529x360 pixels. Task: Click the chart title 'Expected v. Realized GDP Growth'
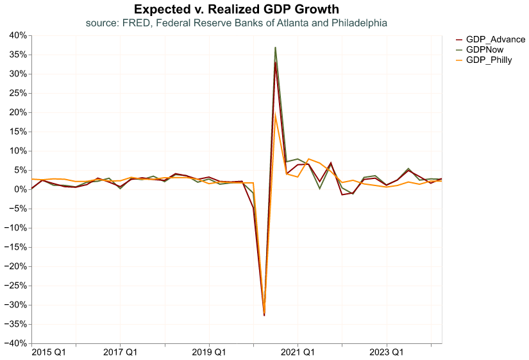coord(237,9)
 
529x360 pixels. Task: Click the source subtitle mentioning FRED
coord(237,23)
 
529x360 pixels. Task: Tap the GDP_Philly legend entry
coord(489,60)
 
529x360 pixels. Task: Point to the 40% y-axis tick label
coord(17,35)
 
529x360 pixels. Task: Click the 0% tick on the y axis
coord(20,189)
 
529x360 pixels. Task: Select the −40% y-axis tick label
coord(15,343)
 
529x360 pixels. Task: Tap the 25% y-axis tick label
coord(17,93)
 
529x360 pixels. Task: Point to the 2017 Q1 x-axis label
coord(121,352)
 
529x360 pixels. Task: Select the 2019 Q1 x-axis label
coord(209,352)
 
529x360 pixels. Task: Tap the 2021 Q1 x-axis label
coord(298,352)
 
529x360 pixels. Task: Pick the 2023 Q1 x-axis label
coord(387,352)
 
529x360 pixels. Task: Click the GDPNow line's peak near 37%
coord(275,47)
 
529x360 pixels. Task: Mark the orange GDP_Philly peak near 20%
coord(276,114)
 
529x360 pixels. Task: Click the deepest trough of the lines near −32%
coord(264,314)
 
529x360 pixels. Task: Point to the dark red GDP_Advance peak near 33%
coord(276,63)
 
